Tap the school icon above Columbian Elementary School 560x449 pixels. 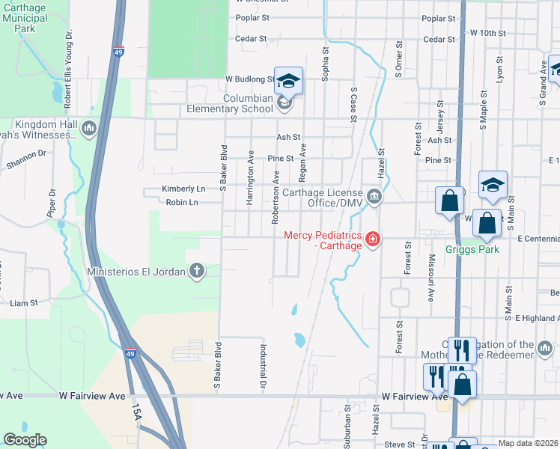(x=288, y=80)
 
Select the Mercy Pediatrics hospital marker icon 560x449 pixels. (x=372, y=239)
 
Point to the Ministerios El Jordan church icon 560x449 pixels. (x=197, y=271)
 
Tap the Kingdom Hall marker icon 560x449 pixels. (x=89, y=129)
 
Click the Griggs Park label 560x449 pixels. (x=472, y=250)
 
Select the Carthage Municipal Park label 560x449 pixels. (x=24, y=17)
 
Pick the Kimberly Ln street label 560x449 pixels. (x=183, y=189)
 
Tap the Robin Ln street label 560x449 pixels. (x=183, y=202)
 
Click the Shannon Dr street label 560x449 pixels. (x=25, y=153)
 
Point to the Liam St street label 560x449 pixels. (x=23, y=302)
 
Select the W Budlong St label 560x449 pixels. (x=249, y=79)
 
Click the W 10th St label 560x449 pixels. (x=488, y=33)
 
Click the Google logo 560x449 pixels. (x=25, y=440)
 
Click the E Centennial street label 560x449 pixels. (x=538, y=238)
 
